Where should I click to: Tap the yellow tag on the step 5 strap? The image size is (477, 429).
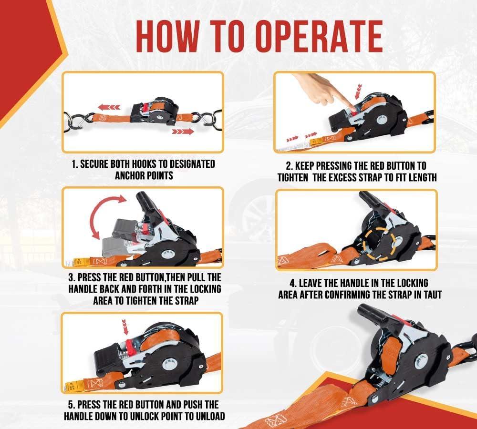(x=75, y=384)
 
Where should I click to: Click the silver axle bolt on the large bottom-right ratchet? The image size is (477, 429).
(x=423, y=360)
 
